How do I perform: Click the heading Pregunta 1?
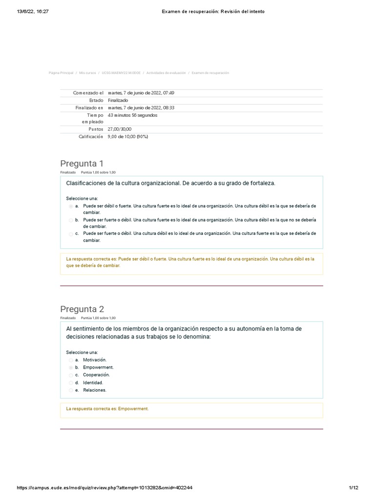[82, 163]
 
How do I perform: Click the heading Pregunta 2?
[82, 309]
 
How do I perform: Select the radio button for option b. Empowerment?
[71, 367]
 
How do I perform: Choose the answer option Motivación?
[94, 359]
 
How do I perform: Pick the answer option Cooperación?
[96, 375]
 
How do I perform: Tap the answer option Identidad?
[93, 383]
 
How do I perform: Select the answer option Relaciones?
[94, 391]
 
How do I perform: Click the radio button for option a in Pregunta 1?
[71, 207]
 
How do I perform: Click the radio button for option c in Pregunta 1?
[71, 234]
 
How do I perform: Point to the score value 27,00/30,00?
[120, 129]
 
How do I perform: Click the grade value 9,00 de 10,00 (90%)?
[127, 137]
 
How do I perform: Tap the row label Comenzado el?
[88, 93]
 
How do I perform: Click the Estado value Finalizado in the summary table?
[118, 101]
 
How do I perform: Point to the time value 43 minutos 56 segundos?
[132, 115]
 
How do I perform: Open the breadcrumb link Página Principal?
[61, 73]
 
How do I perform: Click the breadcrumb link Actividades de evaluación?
[166, 73]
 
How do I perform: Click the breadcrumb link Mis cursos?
[88, 73]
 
